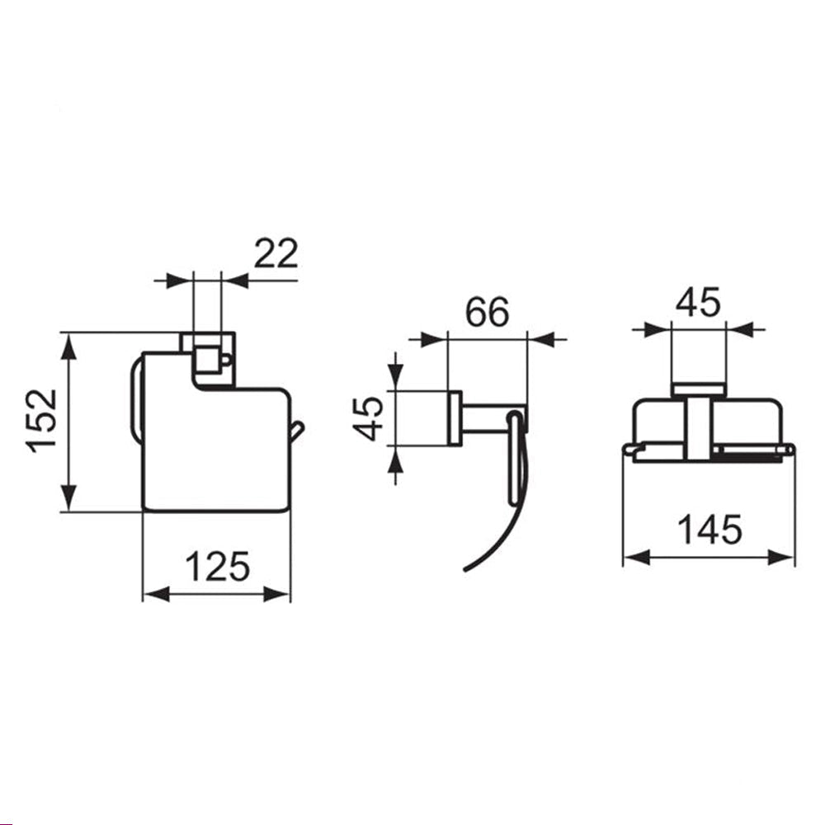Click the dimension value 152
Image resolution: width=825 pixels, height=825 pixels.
pos(41,421)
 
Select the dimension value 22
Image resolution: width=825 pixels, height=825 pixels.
pos(276,253)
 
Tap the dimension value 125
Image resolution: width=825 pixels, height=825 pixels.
pos(217,567)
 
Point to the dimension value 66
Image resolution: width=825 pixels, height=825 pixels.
pos(488,312)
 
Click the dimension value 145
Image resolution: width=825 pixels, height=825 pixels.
pos(709,530)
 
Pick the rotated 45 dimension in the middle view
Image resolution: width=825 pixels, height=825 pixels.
pos(368,419)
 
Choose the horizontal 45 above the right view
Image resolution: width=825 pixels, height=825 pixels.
pos(698,303)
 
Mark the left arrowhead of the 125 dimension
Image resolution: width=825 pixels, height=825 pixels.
pos(156,595)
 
